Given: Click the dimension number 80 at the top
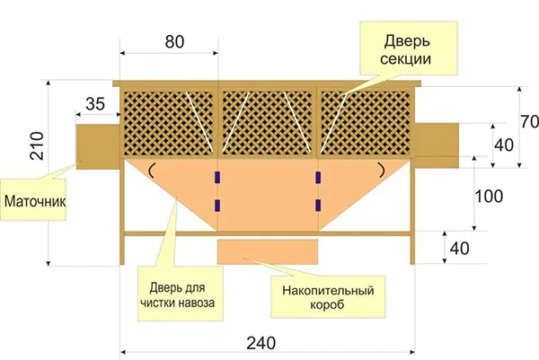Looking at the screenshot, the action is point(174,42).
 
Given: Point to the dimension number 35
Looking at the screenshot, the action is point(95,104).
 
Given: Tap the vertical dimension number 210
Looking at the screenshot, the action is point(37,145).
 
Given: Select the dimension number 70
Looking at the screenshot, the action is point(529,121).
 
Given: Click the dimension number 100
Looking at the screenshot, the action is point(489,197).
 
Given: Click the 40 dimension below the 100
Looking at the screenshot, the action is point(459,249).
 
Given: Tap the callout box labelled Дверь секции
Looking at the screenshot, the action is point(409,48).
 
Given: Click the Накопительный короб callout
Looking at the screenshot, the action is point(328,297).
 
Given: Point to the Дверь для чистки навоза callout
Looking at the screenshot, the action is point(181,294).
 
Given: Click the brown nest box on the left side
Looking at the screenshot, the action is point(98,146).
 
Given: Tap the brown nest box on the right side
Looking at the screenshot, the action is point(437,145).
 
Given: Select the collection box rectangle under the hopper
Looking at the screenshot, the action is point(268,252).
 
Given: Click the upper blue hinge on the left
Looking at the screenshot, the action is point(217,177).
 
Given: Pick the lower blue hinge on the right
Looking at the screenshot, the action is point(318,205).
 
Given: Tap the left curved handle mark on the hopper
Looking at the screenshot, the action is point(151,171).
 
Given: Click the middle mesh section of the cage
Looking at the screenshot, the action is point(268,123).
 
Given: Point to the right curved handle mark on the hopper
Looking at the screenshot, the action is point(382,170).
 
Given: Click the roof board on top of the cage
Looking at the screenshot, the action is point(267,83).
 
